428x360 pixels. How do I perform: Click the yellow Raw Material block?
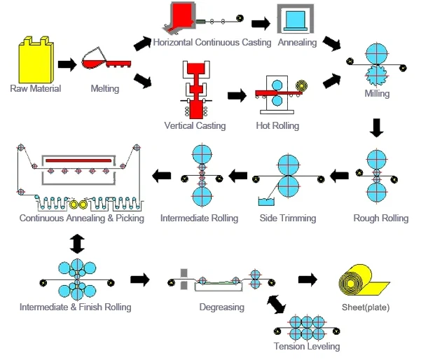pyautogui.click(x=35, y=60)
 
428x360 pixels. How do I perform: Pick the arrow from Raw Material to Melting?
pyautogui.click(x=67, y=64)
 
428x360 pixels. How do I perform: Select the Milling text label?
pyautogui.click(x=377, y=94)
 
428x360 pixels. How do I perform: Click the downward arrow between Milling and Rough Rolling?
pyautogui.click(x=377, y=127)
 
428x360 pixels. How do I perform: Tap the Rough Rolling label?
pyautogui.click(x=381, y=219)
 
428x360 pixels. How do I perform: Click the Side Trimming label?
pyautogui.click(x=287, y=219)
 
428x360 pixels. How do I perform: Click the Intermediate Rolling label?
pyautogui.click(x=200, y=219)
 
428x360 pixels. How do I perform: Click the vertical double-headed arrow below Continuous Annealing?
pyautogui.click(x=76, y=243)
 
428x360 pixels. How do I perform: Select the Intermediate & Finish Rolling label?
pyautogui.click(x=76, y=307)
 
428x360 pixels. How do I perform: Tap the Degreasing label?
pyautogui.click(x=221, y=307)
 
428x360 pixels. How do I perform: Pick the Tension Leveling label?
pyautogui.click(x=308, y=347)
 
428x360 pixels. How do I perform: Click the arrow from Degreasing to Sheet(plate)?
pyautogui.click(x=308, y=280)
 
